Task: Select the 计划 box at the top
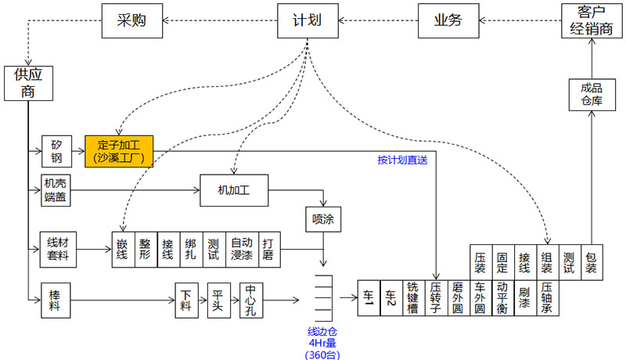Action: point(301,21)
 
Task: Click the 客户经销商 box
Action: point(592,21)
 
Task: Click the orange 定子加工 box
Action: point(119,150)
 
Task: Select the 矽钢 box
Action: point(56,150)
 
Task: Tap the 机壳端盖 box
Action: point(56,190)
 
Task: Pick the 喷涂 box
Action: point(322,220)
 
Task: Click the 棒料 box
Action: point(56,299)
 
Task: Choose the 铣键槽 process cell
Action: point(413,298)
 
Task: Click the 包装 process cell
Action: point(592,261)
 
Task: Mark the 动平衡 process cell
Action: point(502,298)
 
